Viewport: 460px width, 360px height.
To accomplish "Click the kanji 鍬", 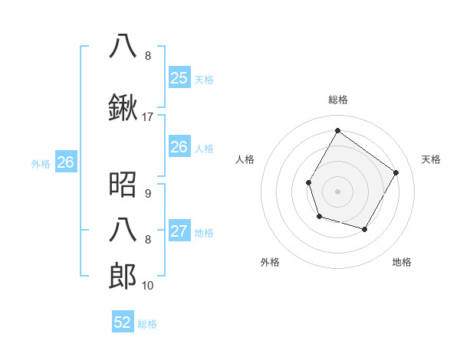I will click(123, 109).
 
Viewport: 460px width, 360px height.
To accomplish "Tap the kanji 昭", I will click(123, 184).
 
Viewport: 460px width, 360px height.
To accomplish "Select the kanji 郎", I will click(123, 276).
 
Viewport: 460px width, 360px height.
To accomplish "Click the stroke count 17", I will click(148, 117).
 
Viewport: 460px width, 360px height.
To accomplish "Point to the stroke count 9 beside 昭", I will click(148, 193).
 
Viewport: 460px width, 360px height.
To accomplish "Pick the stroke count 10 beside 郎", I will click(148, 286).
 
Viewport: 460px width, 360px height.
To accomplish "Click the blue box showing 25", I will click(179, 77).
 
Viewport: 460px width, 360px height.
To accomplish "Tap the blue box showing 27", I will click(179, 231).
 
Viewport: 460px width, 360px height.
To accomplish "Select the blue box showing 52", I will click(123, 322).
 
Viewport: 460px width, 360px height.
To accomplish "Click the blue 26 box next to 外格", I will click(65, 162).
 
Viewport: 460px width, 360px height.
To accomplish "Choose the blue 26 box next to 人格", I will click(179, 147).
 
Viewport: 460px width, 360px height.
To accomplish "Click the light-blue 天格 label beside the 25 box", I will click(204, 79).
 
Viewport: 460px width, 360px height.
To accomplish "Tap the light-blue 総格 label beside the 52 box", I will click(147, 324).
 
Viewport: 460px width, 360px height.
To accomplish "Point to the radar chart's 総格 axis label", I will click(337, 100).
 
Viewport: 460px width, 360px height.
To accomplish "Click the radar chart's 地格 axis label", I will click(402, 262).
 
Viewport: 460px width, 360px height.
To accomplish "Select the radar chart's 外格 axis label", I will click(270, 262).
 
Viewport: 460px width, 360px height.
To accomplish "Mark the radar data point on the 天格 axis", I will click(396, 172).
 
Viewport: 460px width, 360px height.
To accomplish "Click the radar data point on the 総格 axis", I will click(337, 131).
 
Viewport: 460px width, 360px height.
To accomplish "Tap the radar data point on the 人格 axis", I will click(308, 182).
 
